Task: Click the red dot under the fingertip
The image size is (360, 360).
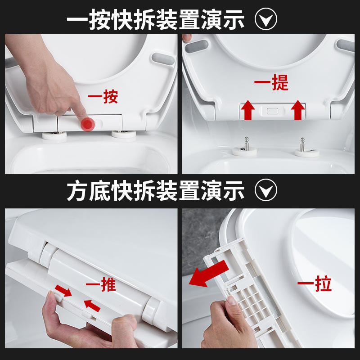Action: point(87,124)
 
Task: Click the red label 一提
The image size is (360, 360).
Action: point(271,82)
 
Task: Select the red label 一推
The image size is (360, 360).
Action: point(101,284)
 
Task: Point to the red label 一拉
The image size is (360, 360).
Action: point(315,284)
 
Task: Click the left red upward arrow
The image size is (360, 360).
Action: point(248,110)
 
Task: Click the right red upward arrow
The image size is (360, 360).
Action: point(298,110)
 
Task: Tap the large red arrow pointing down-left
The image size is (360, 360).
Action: point(208,274)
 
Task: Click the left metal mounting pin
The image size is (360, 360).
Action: point(246,144)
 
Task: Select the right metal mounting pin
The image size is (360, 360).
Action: point(302,144)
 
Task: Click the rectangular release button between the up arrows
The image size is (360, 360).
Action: point(273,111)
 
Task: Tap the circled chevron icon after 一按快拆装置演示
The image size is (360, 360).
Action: point(266,19)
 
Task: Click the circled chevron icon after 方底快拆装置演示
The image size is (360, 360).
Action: point(266,190)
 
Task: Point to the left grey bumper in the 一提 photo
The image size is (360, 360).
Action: point(197,46)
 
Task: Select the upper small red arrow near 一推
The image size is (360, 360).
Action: point(63,290)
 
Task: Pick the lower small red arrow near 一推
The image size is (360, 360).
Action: point(92,306)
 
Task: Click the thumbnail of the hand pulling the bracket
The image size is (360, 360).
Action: point(268,278)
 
